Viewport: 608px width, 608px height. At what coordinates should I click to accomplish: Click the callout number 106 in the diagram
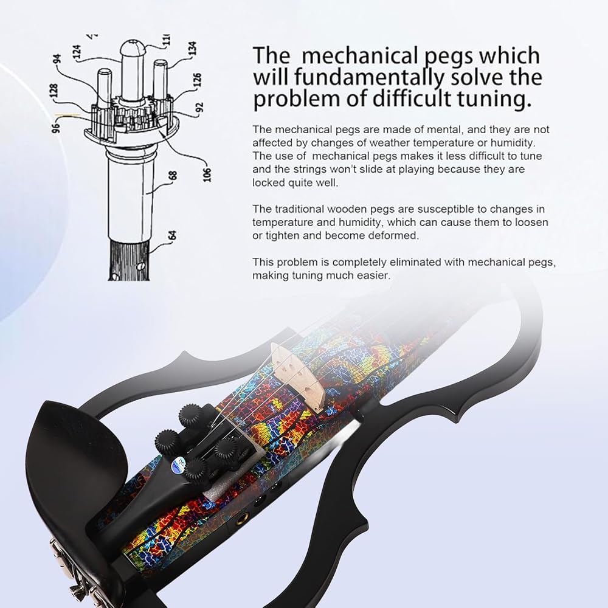[x=207, y=174]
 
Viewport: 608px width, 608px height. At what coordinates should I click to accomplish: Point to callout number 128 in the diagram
[x=54, y=91]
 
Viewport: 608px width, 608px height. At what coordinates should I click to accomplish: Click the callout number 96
[x=57, y=128]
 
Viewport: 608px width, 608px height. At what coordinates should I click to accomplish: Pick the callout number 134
[x=193, y=49]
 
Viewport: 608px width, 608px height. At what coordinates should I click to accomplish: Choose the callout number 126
[x=198, y=80]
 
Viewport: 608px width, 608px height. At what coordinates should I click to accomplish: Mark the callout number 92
[x=200, y=107]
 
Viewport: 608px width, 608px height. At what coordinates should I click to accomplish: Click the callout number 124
[x=77, y=52]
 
